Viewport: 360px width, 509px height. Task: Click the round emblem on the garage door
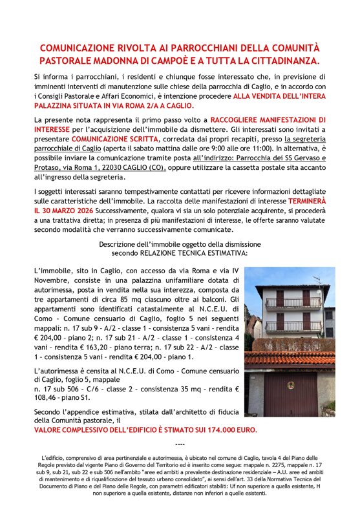[290, 386]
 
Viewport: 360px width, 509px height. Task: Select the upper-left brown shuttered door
[280, 298]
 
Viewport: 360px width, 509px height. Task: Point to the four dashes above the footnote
[180, 444]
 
